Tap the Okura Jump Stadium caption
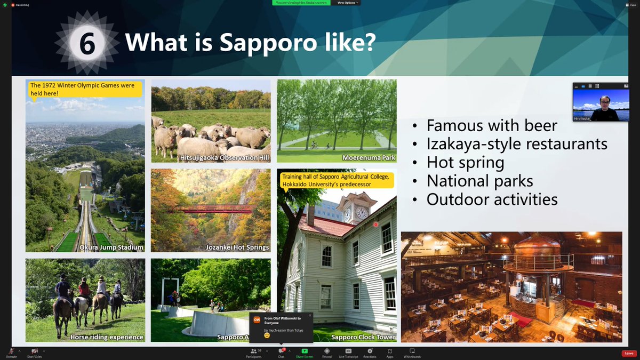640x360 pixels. pos(111,247)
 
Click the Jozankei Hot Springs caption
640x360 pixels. pos(237,247)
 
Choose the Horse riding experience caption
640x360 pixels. pos(107,337)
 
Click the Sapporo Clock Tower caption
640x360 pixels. pos(363,337)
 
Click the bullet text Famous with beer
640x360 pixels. pos(492,125)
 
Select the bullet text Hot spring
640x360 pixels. pos(466,162)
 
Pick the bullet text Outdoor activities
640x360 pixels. pos(492,199)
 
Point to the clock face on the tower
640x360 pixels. pos(361,213)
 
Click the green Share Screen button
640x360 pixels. pos(305,353)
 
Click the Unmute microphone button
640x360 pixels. pos(11,353)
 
